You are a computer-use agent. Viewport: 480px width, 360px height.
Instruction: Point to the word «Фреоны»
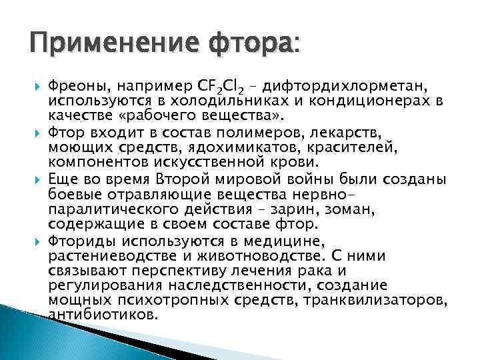pos(72,85)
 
